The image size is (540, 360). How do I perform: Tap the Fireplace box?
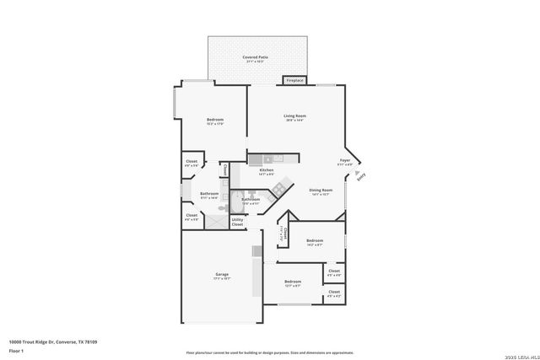click(294, 81)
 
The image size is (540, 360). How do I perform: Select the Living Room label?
click(294, 117)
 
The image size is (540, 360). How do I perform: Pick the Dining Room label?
click(321, 191)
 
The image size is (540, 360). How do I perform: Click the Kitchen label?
click(267, 171)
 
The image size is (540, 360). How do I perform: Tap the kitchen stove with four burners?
click(275, 190)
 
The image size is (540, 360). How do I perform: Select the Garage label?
click(222, 276)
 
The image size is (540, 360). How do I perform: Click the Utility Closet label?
click(237, 223)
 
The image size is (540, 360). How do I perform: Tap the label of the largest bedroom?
click(215, 121)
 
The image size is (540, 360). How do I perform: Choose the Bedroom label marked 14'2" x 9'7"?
click(315, 241)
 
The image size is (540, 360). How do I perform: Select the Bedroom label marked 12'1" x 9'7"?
click(293, 282)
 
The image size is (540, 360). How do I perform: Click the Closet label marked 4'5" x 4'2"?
click(334, 293)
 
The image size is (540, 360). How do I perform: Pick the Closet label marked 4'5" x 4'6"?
click(334, 272)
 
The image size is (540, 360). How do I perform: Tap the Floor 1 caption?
click(16, 350)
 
